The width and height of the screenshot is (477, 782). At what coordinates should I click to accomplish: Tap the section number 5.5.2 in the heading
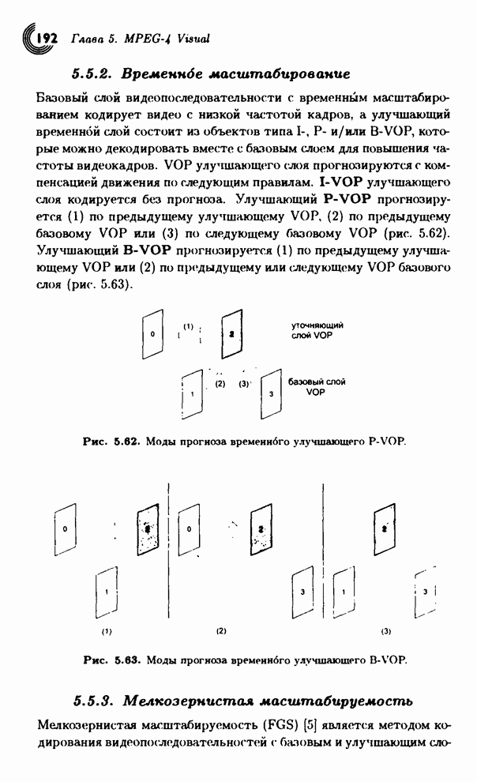[91, 74]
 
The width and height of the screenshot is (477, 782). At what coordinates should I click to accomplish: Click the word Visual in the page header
[193, 39]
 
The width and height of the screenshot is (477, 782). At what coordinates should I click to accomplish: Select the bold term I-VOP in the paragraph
[340, 182]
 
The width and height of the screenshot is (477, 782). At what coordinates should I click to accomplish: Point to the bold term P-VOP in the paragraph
[347, 199]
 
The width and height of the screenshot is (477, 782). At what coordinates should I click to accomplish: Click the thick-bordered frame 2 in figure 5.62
[231, 333]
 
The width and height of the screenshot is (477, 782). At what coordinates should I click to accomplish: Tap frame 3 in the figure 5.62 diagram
[271, 394]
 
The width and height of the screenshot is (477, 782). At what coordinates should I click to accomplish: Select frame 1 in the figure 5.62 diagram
[193, 394]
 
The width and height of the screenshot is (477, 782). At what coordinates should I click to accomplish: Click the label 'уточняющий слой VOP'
[317, 330]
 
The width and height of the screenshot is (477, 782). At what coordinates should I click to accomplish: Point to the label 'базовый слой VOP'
[317, 387]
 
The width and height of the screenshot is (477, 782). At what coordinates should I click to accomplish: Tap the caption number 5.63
[128, 660]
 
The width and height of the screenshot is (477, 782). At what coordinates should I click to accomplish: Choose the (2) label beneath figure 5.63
[221, 631]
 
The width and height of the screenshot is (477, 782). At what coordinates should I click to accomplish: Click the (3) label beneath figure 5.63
[386, 631]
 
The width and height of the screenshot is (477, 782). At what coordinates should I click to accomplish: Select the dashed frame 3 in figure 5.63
[425, 592]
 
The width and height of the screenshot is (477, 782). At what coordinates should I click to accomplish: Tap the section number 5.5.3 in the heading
[92, 701]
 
